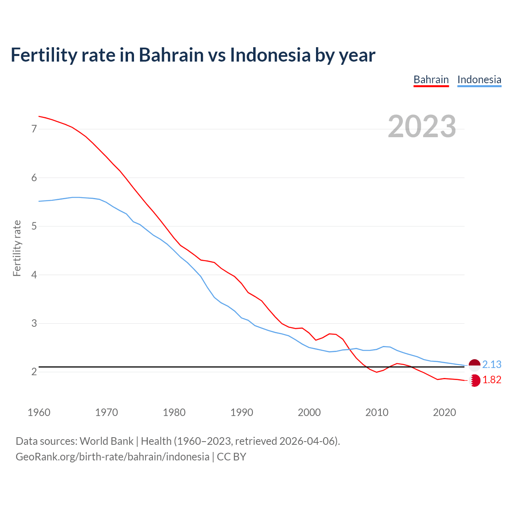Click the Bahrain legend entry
point(431,80)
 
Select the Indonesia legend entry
point(479,80)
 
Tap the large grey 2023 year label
point(422,126)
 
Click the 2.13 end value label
point(492,364)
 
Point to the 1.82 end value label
point(492,380)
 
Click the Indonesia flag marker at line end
point(474,365)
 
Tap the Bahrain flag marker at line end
point(475,380)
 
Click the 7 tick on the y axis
point(34,129)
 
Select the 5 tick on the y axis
point(34,226)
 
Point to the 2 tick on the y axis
point(34,372)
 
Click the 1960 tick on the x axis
point(39,412)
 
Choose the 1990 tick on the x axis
point(242,412)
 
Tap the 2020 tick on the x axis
point(444,412)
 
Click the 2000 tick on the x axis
point(309,412)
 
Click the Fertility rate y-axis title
point(17,248)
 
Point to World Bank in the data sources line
point(106,441)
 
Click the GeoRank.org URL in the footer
point(112,457)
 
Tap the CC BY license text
point(232,457)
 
